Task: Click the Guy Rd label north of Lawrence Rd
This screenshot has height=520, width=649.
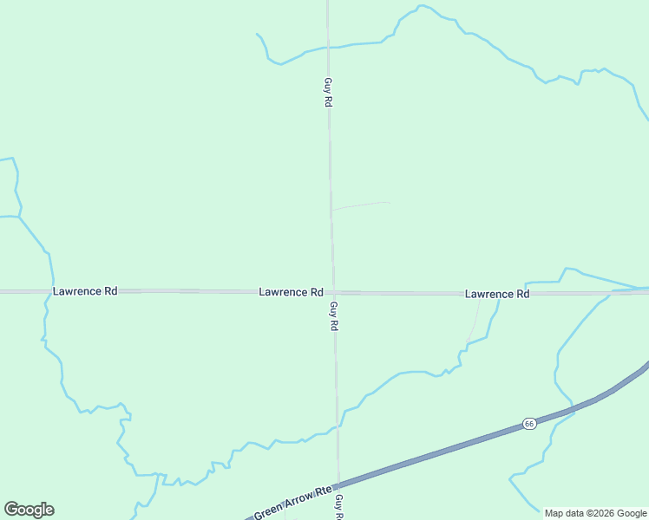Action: [x=328, y=92]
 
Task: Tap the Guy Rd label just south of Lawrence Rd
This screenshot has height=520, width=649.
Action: [x=333, y=315]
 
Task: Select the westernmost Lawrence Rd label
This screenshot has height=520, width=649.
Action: [x=85, y=291]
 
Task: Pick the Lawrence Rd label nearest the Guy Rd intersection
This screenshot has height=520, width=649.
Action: [x=291, y=292]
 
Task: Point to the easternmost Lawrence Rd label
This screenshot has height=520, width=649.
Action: [x=497, y=294]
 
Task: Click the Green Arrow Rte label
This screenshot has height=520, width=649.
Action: [x=292, y=504]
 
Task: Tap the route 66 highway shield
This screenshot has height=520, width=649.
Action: [x=528, y=423]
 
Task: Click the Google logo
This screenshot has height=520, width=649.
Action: [x=29, y=510]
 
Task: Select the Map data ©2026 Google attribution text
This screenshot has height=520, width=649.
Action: [x=595, y=513]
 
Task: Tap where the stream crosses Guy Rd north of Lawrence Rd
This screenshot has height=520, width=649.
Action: [x=328, y=47]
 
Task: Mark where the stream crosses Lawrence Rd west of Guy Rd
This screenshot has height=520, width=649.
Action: [x=47, y=291]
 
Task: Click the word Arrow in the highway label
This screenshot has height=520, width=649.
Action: [x=297, y=502]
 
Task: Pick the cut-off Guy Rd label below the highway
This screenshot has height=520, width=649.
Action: [x=339, y=507]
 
